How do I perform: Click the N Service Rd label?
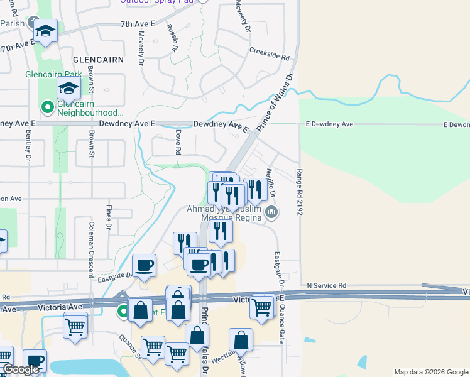[327, 285]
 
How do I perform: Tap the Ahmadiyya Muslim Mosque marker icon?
[271, 212]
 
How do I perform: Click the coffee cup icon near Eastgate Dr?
[145, 265]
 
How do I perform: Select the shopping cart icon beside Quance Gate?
[262, 307]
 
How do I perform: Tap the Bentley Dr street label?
[28, 145]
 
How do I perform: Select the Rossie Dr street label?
[173, 39]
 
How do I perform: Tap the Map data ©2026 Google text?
[430, 372]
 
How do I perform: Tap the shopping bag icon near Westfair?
[241, 340]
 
